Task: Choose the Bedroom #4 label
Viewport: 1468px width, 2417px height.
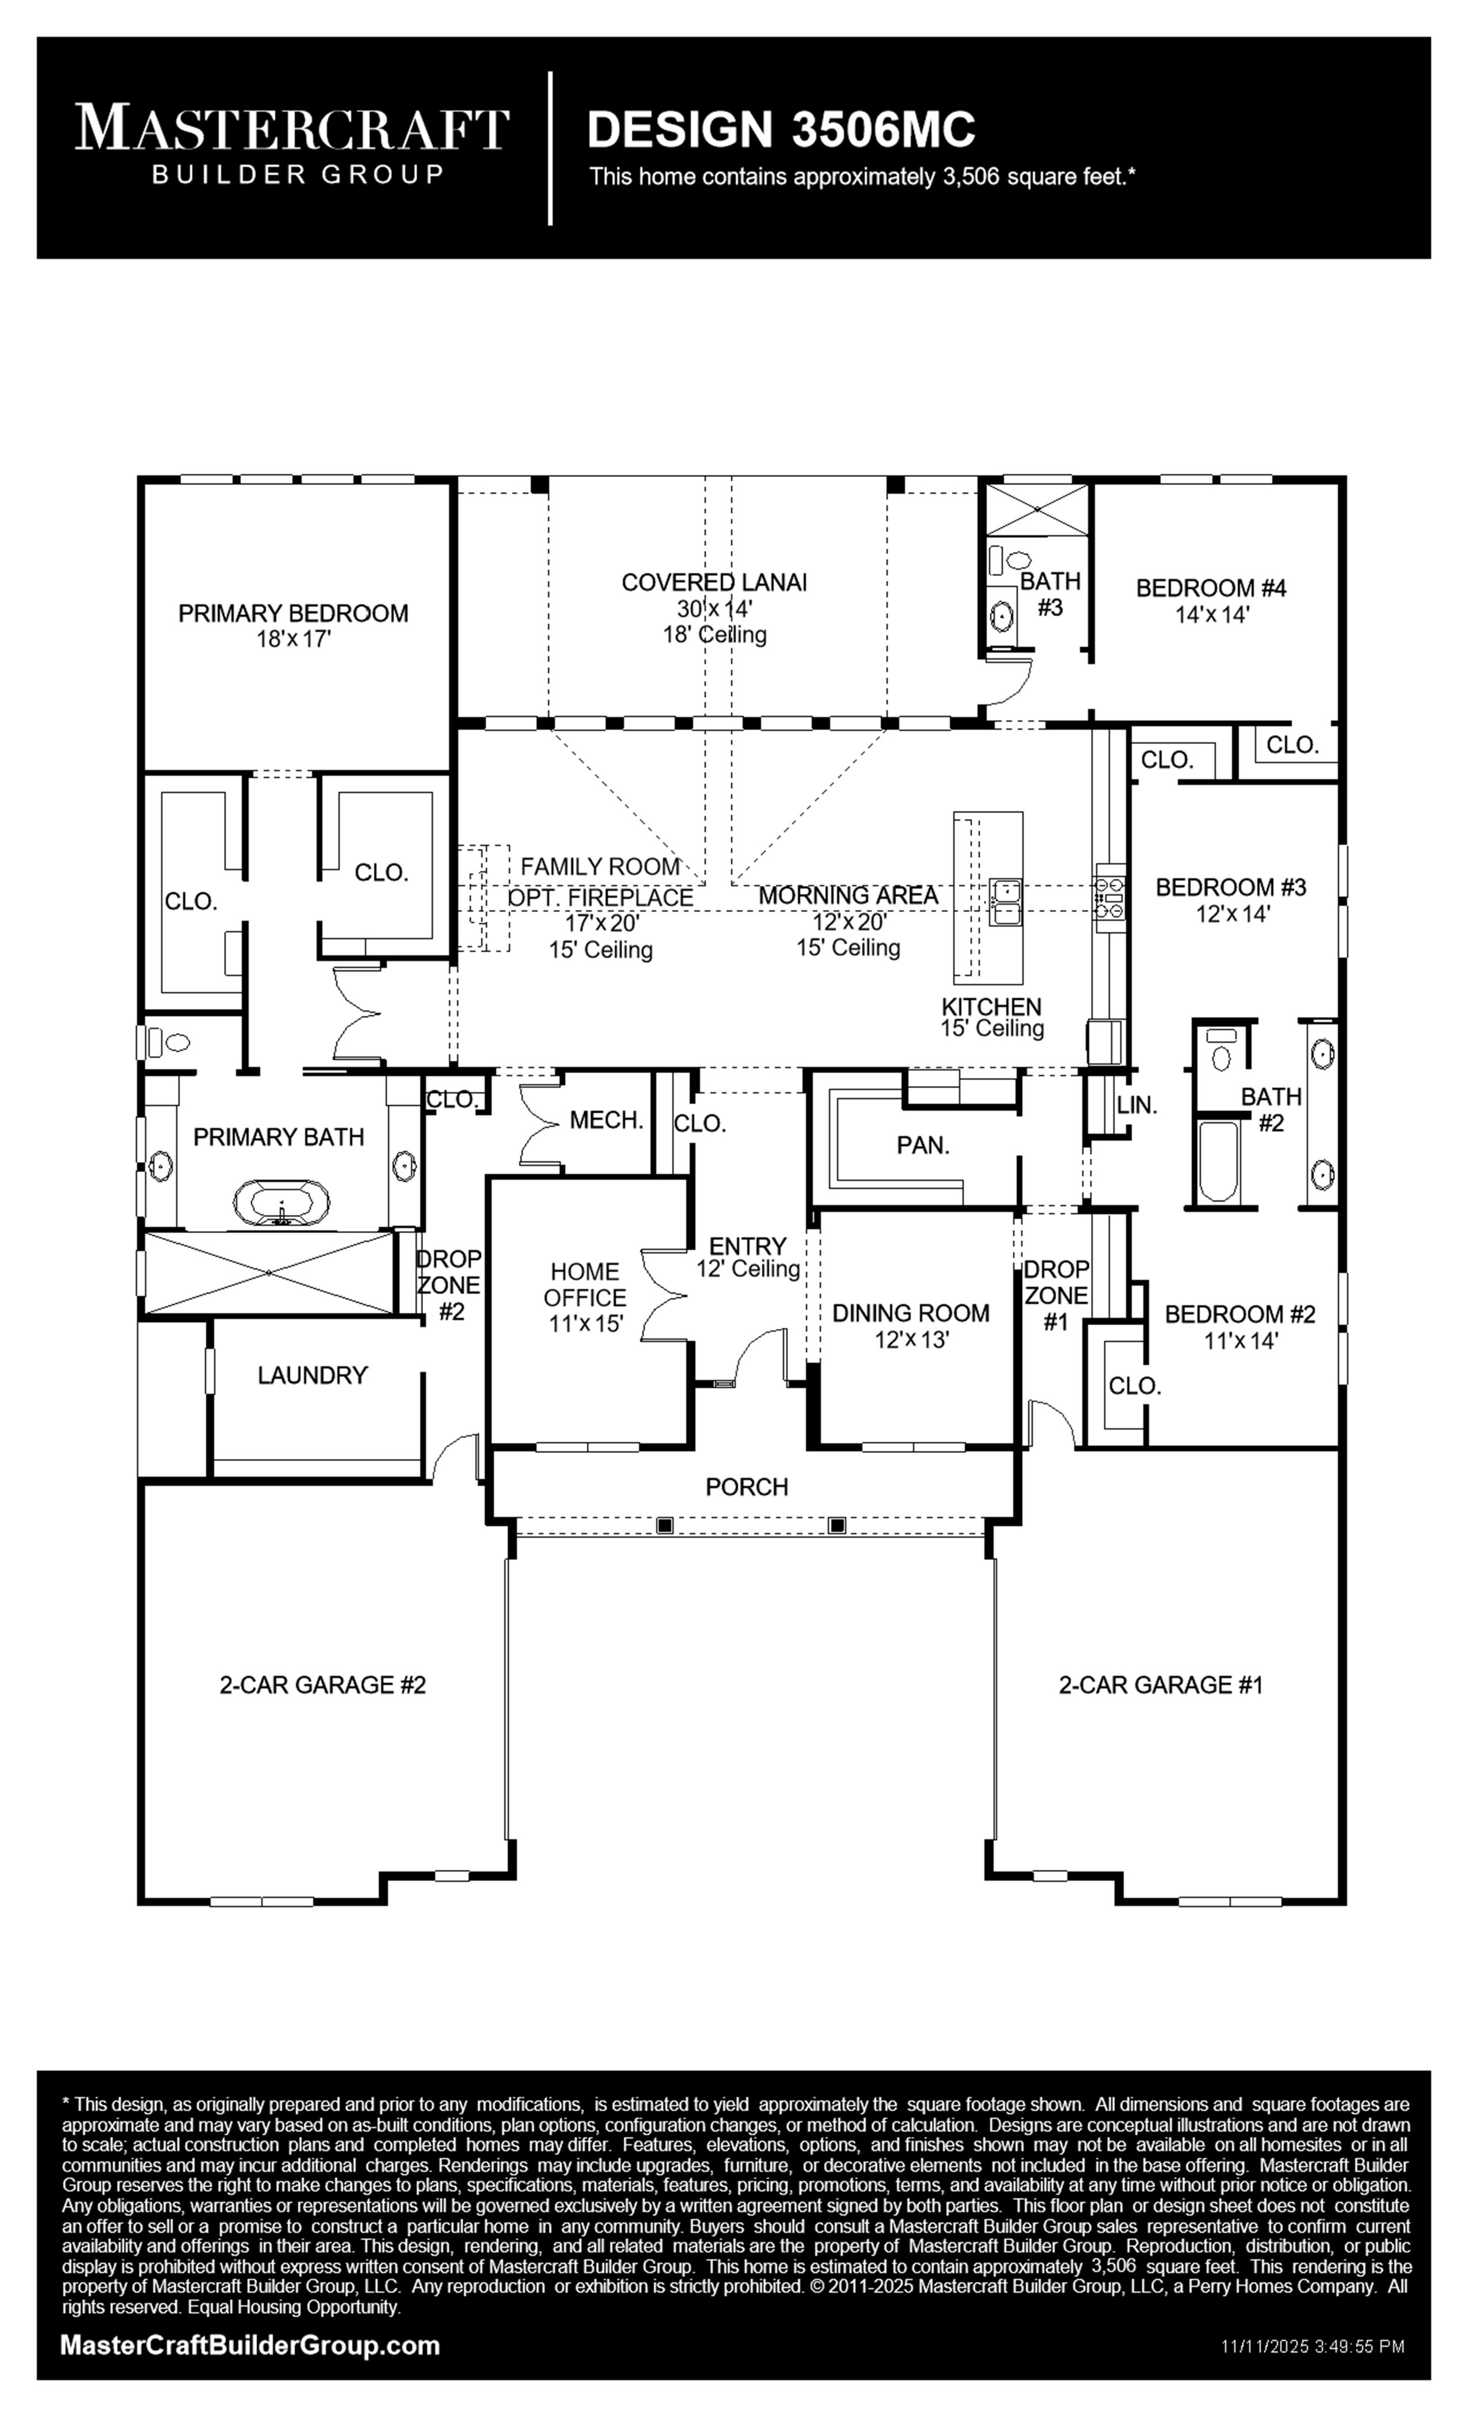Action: pos(1211,600)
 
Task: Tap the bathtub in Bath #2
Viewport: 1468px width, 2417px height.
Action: pos(1219,1160)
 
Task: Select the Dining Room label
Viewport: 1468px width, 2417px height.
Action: pos(911,1325)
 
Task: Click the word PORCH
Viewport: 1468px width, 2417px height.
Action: pos(747,1487)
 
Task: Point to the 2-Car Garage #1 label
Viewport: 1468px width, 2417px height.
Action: pos(1161,1685)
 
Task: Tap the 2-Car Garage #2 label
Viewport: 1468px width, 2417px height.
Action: pos(323,1685)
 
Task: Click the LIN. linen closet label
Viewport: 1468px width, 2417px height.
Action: pos(1138,1104)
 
